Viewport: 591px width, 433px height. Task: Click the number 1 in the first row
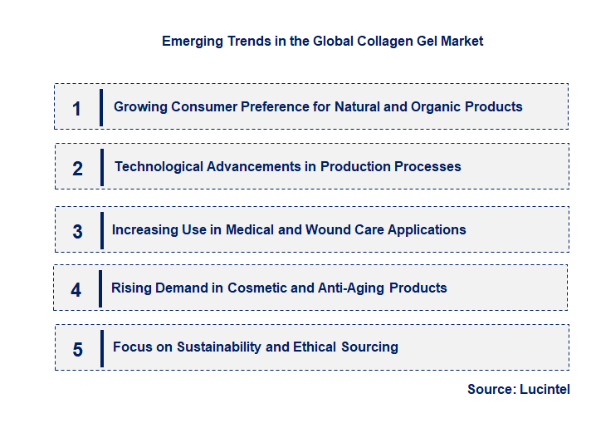pos(76,108)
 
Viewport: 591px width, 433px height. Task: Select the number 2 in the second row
pos(77,169)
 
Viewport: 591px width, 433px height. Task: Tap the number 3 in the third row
pos(77,232)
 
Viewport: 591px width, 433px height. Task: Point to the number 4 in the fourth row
pos(76,290)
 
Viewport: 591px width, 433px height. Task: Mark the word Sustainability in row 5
pos(220,347)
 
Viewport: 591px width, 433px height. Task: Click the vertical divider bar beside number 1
pos(101,107)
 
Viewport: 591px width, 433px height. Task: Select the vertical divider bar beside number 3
pos(101,229)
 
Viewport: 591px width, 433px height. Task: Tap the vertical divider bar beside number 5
pos(101,347)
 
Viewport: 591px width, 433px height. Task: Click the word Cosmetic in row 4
pos(258,288)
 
